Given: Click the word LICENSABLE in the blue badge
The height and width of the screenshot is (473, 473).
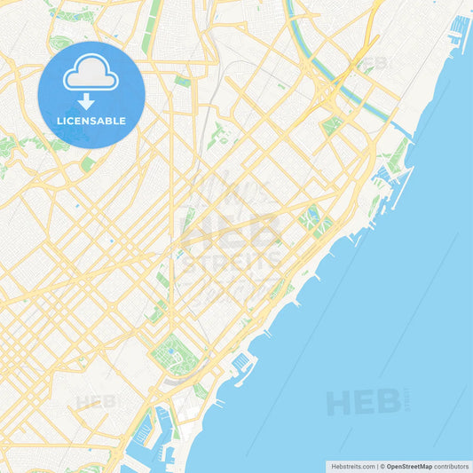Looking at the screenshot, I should [x=91, y=121].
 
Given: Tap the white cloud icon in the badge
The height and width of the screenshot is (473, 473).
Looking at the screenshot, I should [x=91, y=72].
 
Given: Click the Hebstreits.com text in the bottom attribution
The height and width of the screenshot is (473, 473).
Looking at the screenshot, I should [x=352, y=466].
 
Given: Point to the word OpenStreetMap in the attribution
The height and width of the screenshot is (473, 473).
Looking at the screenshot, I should [x=409, y=466].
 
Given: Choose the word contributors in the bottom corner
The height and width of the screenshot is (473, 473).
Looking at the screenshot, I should [x=452, y=466].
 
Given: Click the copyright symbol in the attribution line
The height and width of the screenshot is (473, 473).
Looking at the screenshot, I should [x=382, y=466].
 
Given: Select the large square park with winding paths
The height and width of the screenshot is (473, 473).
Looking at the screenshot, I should [x=174, y=355].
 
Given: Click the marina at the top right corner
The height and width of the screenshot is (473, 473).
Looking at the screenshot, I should [x=461, y=31].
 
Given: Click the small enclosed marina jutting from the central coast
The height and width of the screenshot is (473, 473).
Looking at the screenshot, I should [x=241, y=363].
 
